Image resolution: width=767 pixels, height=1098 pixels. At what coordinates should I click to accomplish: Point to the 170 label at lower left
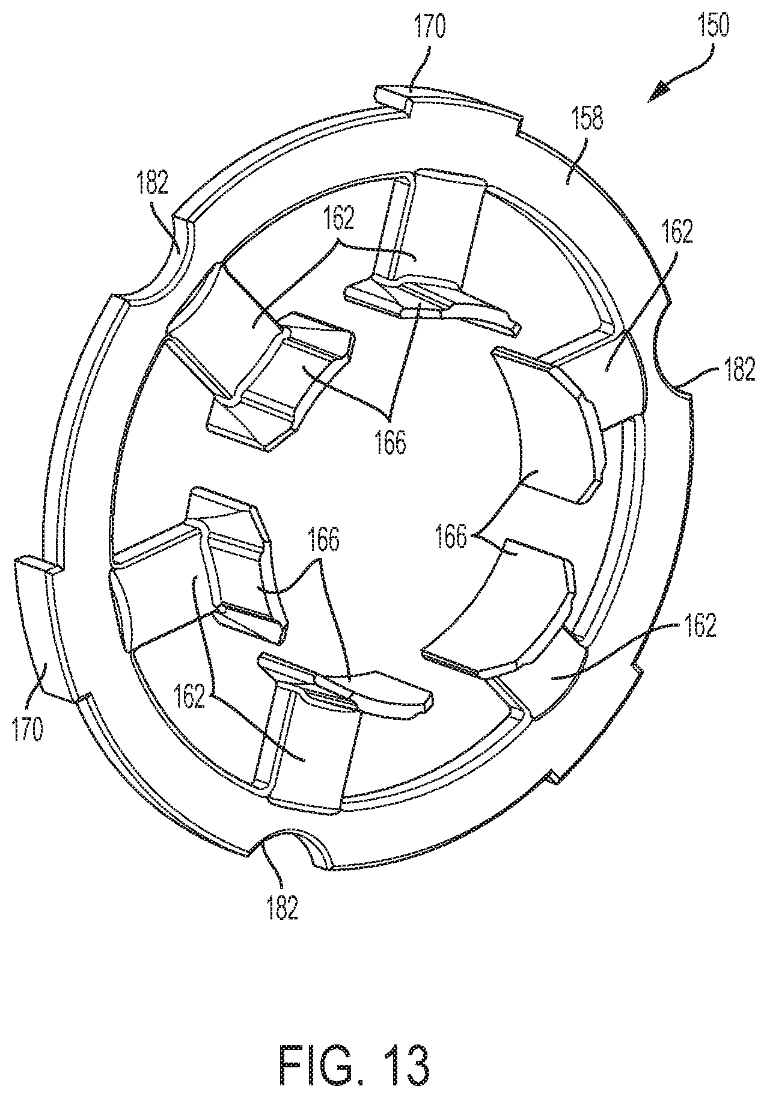point(27,729)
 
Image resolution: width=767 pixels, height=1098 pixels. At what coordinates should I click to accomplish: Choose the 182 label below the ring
point(283,909)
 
